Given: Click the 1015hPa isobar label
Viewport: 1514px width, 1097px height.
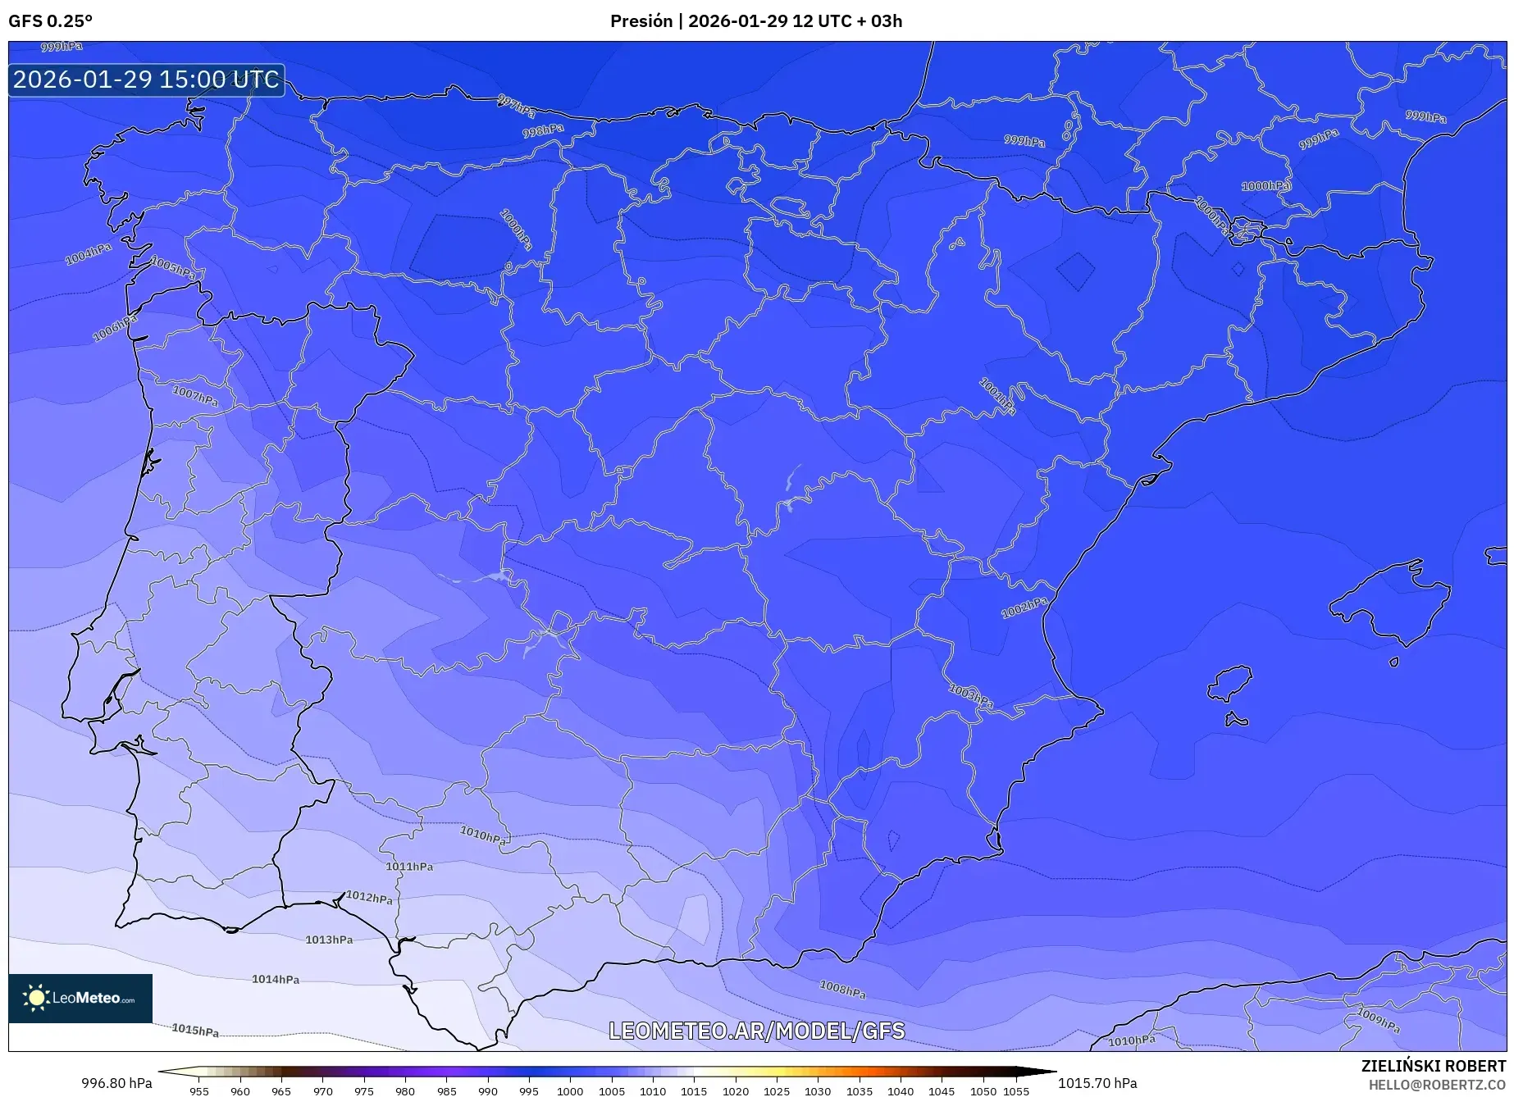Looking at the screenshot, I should (x=195, y=1031).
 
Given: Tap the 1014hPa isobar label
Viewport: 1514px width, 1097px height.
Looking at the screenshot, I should (x=276, y=979).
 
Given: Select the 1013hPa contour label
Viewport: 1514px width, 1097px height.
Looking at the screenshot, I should (x=329, y=940).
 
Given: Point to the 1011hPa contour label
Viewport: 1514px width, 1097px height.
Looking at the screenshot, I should (x=409, y=867).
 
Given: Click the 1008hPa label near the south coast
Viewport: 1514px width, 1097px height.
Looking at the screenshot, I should (x=842, y=990).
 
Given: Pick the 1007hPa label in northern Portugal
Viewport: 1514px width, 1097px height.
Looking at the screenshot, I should (x=195, y=396).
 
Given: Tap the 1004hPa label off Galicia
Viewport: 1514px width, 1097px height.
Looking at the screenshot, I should (x=89, y=254).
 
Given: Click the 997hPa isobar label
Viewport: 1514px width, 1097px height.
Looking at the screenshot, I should (x=516, y=106).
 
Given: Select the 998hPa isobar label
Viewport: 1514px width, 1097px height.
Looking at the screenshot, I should (x=543, y=130).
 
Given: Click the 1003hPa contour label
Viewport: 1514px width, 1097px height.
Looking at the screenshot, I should (x=971, y=696).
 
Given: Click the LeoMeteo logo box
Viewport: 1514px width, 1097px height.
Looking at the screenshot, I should (x=80, y=998).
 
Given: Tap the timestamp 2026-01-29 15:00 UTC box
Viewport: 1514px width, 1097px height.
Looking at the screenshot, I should (x=146, y=80).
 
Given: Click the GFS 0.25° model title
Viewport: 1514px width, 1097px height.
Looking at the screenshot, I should (x=50, y=20).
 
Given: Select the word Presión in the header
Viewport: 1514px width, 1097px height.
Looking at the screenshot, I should (x=641, y=20).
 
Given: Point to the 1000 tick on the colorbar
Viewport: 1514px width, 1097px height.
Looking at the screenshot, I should (x=570, y=1090).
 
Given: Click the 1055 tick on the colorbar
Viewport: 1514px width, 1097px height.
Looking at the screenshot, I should (x=1016, y=1090).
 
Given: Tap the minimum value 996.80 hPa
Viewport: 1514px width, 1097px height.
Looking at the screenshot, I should (x=116, y=1083).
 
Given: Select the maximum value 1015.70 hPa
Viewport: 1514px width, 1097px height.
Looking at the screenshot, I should (x=1097, y=1083).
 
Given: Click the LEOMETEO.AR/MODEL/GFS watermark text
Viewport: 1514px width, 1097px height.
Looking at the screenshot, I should (x=756, y=1031).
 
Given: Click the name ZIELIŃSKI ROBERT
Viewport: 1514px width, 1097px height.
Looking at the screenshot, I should (x=1434, y=1066).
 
